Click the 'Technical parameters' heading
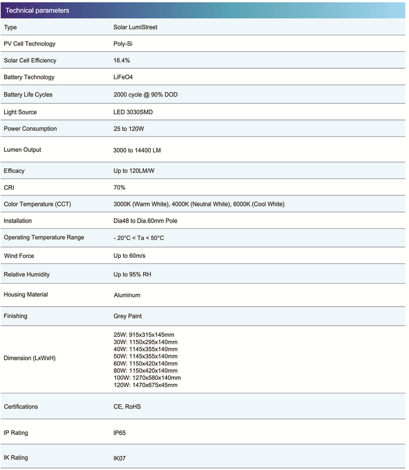click(37, 10)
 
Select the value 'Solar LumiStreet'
click(135, 27)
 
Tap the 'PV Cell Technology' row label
click(29, 44)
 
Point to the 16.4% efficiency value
click(122, 60)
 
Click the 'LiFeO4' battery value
click(123, 77)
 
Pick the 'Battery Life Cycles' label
click(28, 95)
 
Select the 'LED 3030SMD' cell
click(133, 112)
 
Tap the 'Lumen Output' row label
click(22, 150)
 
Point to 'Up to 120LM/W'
click(134, 171)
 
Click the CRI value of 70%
click(119, 188)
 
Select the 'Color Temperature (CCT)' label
click(37, 204)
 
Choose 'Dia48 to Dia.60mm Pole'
click(145, 221)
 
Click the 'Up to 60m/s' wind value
click(129, 256)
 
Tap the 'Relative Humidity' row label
click(27, 274)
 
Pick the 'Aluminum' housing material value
click(127, 295)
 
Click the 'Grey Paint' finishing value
click(128, 316)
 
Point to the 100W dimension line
click(147, 378)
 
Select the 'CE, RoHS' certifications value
click(127, 407)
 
